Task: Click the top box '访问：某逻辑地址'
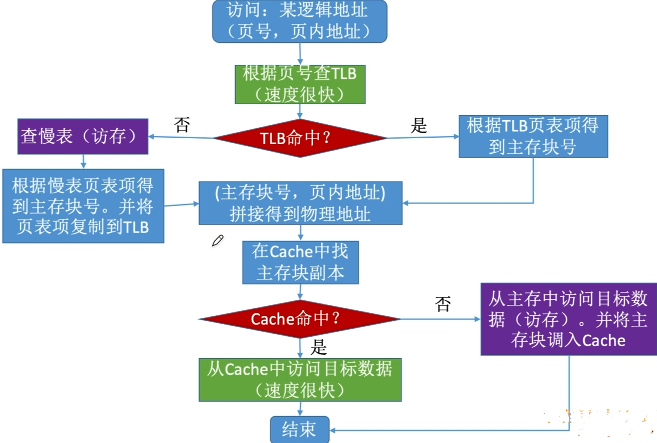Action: (x=300, y=21)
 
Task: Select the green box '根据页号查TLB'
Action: (x=300, y=84)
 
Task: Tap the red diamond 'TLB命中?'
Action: (x=300, y=138)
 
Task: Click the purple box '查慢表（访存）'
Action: (x=83, y=136)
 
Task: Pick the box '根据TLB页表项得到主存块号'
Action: (x=533, y=136)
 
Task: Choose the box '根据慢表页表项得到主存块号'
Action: (x=83, y=206)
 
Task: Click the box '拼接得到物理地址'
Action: (x=300, y=203)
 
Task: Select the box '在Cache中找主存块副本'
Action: (x=300, y=262)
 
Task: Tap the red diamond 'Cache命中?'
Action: (x=300, y=319)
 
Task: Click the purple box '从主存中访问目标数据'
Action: (x=568, y=319)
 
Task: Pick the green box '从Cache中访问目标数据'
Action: (x=300, y=380)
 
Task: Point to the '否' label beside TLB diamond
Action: (x=182, y=124)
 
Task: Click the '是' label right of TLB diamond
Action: (x=419, y=126)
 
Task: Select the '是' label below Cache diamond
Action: (x=318, y=346)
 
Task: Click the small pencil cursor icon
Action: (x=217, y=240)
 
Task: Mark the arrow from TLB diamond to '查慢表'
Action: (x=182, y=137)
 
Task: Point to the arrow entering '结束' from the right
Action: (x=449, y=430)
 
